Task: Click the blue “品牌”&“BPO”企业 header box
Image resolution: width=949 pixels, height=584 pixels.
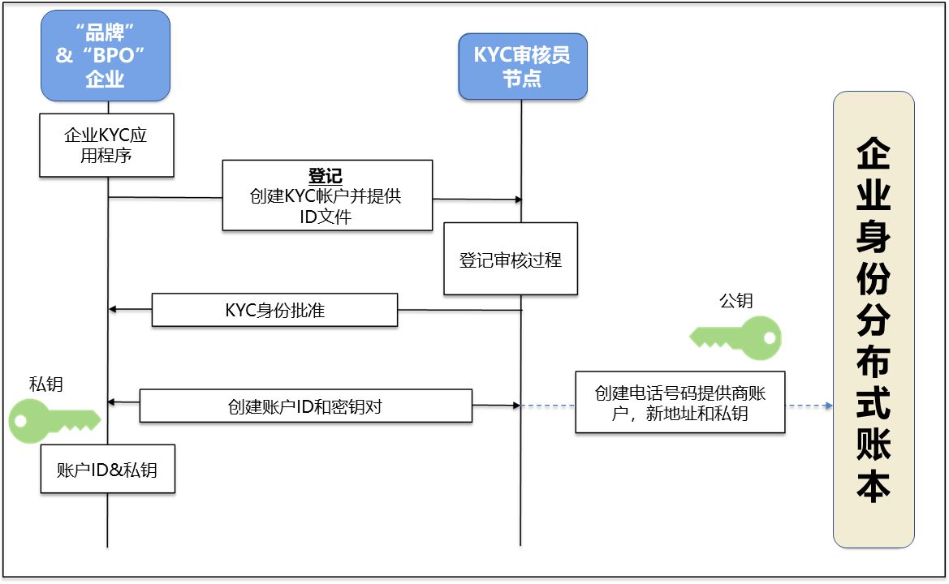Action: [106, 55]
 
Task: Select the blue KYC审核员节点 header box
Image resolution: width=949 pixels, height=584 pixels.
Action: [522, 67]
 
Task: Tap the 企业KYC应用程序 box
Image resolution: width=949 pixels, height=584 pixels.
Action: [106, 145]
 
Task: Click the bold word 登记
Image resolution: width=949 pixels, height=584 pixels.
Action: [326, 176]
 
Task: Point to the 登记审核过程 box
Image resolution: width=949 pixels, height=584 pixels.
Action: [511, 260]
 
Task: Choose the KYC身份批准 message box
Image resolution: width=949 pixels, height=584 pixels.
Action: [274, 310]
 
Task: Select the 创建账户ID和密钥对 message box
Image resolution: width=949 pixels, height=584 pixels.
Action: [305, 406]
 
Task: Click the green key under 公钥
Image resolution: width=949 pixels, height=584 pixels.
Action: [737, 337]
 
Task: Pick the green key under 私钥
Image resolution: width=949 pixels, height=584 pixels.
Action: [54, 420]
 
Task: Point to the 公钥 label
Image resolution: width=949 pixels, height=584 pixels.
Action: [735, 301]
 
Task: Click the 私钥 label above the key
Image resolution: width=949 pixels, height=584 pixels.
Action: [45, 384]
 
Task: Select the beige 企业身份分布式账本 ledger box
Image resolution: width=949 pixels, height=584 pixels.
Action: [874, 319]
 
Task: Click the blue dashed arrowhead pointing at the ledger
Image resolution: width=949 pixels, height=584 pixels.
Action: [829, 406]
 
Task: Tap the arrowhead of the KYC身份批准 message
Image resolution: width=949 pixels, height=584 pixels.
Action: [113, 309]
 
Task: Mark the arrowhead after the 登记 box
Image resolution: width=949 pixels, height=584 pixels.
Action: [517, 200]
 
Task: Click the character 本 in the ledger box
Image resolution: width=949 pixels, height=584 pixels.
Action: [874, 486]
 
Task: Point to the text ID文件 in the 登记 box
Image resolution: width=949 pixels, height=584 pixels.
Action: [327, 217]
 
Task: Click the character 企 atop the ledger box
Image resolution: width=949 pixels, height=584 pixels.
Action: [874, 153]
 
